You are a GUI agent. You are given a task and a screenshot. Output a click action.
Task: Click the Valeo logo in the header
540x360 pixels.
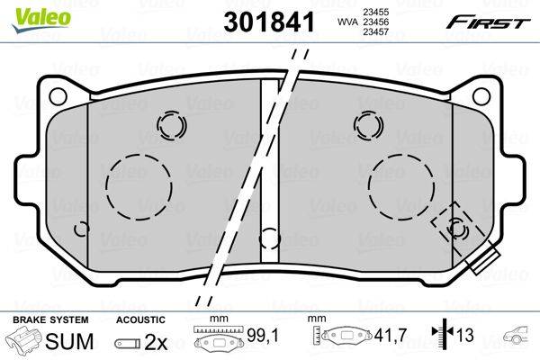[40, 19]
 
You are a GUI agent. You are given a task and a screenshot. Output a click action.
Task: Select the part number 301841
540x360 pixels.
[269, 22]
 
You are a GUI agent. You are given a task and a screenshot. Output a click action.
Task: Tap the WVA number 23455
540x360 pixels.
[375, 12]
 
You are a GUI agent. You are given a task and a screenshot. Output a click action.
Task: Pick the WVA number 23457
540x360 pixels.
[375, 31]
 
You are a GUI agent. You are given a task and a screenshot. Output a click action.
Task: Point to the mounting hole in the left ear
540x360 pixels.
[58, 96]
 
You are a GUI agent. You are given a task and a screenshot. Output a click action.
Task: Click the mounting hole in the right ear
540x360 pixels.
[481, 96]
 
